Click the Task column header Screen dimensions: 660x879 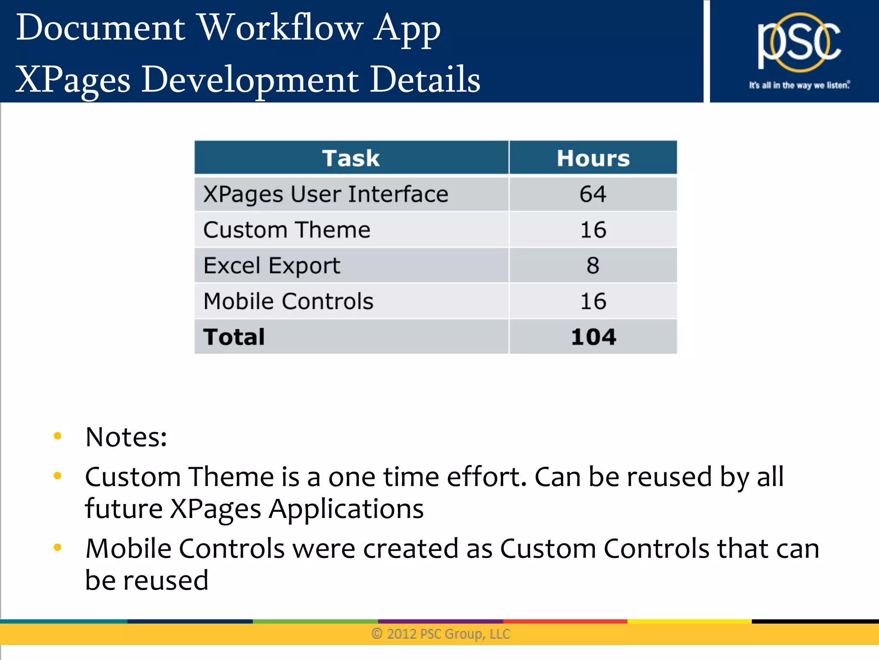(x=351, y=158)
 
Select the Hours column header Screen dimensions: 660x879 (x=593, y=158)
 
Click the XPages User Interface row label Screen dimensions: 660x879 (x=326, y=194)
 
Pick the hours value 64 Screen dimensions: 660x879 (x=593, y=194)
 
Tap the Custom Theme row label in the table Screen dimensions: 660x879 (x=287, y=230)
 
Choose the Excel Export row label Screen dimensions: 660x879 (x=272, y=265)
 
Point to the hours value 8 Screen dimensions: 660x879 (x=593, y=265)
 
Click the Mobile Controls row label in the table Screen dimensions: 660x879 (x=288, y=301)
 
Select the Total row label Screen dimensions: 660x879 (x=234, y=337)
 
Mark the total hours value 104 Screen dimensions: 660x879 (x=594, y=337)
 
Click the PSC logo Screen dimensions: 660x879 (x=799, y=43)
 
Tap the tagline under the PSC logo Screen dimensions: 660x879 (x=799, y=85)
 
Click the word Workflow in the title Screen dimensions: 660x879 (x=281, y=28)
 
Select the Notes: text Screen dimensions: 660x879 (x=126, y=437)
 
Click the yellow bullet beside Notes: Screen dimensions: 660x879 (x=58, y=436)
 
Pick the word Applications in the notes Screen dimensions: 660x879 (x=346, y=509)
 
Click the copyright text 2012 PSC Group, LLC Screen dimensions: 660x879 (x=441, y=634)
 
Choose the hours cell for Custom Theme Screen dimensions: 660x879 (x=593, y=230)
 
